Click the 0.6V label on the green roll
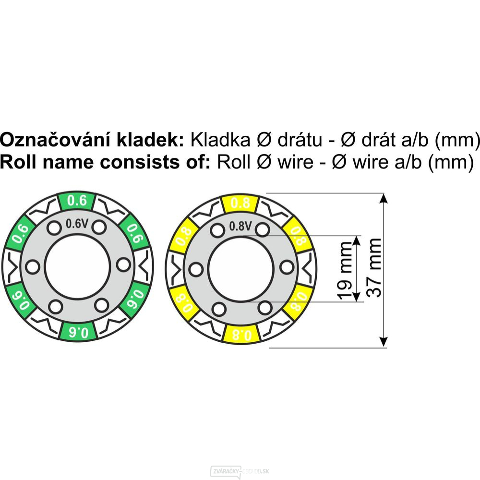point(77,224)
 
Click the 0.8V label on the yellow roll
point(240,226)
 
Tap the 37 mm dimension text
point(374,267)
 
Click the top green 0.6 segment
point(77,201)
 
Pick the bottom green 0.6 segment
point(78,332)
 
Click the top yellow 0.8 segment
point(240,203)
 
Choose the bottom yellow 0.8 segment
point(242,334)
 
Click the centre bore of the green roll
point(77,266)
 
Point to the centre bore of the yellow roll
point(240,269)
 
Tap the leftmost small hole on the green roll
point(32,267)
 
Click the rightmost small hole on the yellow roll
point(287,267)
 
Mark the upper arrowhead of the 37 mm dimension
point(384,199)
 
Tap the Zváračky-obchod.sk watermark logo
point(240,471)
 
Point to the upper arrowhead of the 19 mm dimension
point(356,240)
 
